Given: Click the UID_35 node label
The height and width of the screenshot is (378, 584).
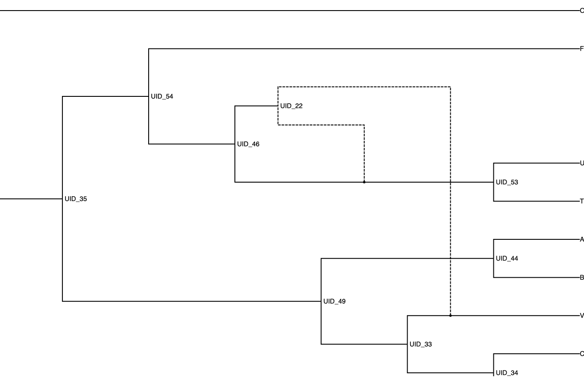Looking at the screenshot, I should coord(76,199).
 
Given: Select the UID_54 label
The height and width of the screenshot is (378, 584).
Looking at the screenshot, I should coord(162,96).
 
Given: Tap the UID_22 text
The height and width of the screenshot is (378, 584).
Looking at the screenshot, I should coord(291,106).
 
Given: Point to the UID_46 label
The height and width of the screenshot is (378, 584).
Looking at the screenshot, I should coord(248,144).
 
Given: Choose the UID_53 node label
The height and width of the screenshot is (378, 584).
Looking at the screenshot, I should coord(507,182).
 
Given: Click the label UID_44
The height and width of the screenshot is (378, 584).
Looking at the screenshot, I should coord(507,258).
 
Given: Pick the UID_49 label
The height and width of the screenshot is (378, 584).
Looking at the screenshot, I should coord(334,301).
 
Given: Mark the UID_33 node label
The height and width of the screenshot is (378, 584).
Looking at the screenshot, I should coord(420,344).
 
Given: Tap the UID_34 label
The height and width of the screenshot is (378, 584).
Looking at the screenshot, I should coord(507,373).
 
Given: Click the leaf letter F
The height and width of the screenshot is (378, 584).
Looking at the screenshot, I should coord(582,49).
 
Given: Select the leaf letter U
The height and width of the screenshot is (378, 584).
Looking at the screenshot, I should coord(582,163).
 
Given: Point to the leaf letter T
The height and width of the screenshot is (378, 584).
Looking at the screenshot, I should coord(582,202).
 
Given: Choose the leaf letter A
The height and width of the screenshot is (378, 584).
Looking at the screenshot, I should coord(582,239).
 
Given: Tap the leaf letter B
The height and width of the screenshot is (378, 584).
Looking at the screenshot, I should coord(582,278).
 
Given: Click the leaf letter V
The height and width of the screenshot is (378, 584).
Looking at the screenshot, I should coord(582,316).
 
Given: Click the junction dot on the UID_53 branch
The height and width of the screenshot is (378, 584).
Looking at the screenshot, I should coord(364,182).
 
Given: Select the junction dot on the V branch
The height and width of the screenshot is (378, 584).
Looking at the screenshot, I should coord(450,316).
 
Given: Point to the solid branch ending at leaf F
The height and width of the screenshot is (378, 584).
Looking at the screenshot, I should coord(365,49).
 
